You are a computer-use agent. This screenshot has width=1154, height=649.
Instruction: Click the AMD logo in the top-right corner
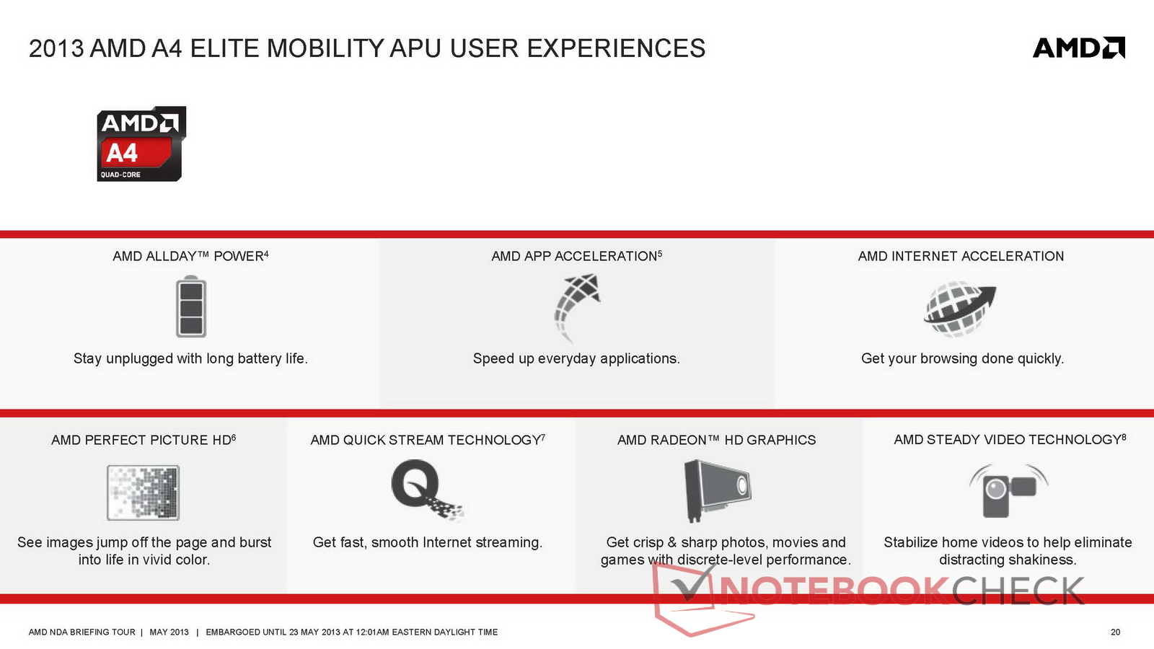pos(1079,48)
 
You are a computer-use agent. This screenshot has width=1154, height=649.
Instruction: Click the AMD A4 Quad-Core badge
pos(141,144)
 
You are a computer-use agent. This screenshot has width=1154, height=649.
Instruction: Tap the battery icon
pos(191,306)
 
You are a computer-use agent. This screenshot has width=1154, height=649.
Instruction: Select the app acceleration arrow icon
pos(577,307)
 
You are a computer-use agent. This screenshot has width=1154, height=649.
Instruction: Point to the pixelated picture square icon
pos(144,493)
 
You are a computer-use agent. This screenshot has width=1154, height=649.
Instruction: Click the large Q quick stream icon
pos(427,490)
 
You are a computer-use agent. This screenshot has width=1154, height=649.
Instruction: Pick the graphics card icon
pos(717,490)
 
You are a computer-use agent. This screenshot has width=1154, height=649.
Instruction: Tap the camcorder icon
pos(1009,491)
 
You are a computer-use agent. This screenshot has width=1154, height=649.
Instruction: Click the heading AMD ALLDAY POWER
pos(190,256)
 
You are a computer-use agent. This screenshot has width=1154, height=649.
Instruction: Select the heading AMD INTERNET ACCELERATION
pos(961,256)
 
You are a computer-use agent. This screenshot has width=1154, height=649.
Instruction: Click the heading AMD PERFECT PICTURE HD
pos(144,440)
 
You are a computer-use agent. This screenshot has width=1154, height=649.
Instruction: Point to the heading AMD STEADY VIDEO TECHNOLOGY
pos(1010,439)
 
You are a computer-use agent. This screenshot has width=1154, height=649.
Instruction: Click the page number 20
pos(1115,632)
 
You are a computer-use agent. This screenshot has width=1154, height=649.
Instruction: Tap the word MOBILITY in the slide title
pos(325,48)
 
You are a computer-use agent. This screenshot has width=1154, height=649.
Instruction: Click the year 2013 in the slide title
pos(56,48)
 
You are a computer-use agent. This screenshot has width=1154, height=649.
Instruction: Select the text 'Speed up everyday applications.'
pos(576,358)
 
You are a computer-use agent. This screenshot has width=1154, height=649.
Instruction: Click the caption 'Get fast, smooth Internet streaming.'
pos(428,542)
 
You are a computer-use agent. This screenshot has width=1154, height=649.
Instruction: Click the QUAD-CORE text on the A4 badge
pos(120,175)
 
